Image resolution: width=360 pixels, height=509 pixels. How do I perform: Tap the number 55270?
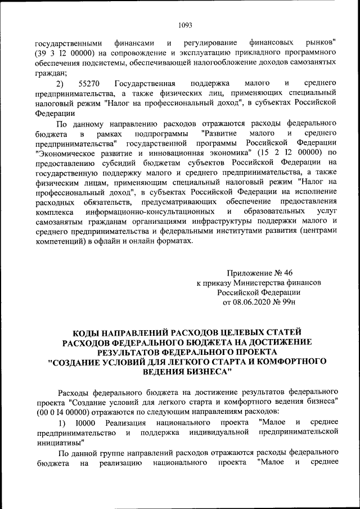[x=90, y=83]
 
